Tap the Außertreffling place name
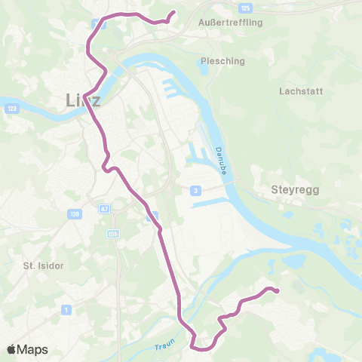(229, 23)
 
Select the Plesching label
(219, 61)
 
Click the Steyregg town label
(295, 191)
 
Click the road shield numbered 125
(244, 8)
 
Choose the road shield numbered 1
(67, 309)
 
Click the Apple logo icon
(12, 349)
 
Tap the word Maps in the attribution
(33, 350)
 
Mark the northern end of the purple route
(173, 12)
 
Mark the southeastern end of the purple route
(278, 291)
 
